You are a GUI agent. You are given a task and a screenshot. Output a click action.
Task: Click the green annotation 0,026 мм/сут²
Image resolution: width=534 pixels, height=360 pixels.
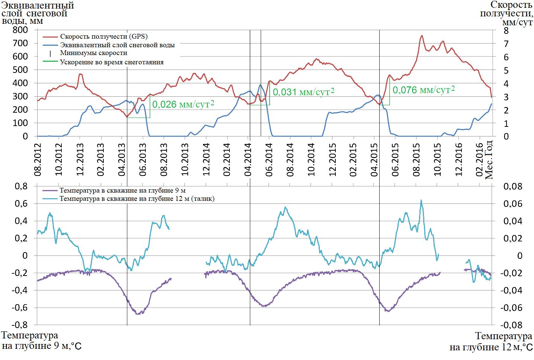183,104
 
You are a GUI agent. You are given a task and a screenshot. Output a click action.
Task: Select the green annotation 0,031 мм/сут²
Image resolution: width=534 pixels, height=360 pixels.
303,92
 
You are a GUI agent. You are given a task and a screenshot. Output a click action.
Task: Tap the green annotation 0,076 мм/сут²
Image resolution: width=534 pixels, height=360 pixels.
424,90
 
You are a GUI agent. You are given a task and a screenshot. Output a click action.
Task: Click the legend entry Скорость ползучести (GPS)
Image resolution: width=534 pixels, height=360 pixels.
104,36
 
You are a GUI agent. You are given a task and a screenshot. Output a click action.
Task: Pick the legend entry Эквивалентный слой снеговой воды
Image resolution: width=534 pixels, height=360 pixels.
117,45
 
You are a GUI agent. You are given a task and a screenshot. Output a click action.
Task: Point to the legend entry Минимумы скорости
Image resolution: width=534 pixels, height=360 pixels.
93,53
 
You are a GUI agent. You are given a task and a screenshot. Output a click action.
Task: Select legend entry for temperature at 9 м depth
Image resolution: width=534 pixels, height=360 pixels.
122,190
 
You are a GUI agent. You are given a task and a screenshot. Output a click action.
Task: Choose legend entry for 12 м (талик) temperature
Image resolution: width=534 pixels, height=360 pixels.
137,199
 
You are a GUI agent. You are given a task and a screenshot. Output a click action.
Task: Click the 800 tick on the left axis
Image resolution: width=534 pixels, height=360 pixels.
20,30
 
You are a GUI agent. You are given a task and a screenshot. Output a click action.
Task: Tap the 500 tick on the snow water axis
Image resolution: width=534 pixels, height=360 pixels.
20,70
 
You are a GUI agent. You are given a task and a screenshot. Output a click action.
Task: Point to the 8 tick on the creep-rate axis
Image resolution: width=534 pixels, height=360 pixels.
506,30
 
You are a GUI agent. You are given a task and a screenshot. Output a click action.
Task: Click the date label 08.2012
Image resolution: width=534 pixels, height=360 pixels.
38,160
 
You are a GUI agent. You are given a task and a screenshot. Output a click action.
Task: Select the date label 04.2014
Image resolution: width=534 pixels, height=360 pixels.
248,160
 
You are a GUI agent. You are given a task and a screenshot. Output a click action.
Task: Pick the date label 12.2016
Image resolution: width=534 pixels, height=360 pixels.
459,160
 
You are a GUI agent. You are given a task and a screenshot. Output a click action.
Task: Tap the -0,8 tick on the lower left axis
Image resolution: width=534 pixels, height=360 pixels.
19,325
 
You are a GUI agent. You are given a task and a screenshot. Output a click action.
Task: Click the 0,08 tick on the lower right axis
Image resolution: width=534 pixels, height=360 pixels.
513,186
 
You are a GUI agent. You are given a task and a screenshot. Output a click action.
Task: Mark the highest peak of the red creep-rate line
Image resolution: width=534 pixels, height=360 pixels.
422,36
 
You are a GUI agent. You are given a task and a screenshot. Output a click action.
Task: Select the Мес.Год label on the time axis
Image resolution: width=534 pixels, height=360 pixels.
489,160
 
